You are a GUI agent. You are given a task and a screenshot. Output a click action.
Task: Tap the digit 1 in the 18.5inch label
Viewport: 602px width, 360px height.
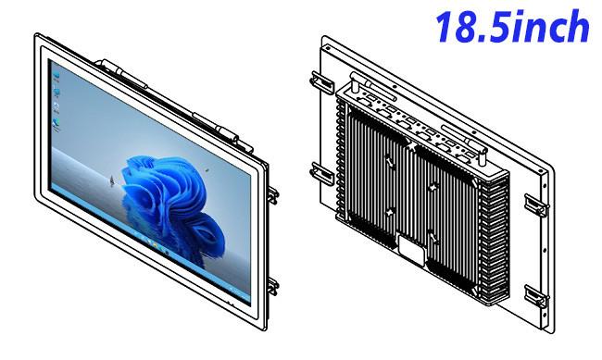tap(445, 27)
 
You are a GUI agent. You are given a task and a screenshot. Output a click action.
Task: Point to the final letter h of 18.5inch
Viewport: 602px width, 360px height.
tap(578, 26)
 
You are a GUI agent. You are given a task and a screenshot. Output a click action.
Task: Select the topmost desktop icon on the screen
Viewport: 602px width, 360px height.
tap(56, 76)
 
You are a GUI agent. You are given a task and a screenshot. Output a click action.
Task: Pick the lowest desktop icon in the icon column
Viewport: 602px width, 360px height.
tap(56, 125)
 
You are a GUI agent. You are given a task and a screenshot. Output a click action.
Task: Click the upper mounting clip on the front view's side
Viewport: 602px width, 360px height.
tap(273, 195)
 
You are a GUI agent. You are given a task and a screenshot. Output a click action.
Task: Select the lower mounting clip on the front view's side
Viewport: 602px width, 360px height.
tap(273, 286)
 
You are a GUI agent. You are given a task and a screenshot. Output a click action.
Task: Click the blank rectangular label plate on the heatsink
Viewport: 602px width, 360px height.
tap(412, 250)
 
